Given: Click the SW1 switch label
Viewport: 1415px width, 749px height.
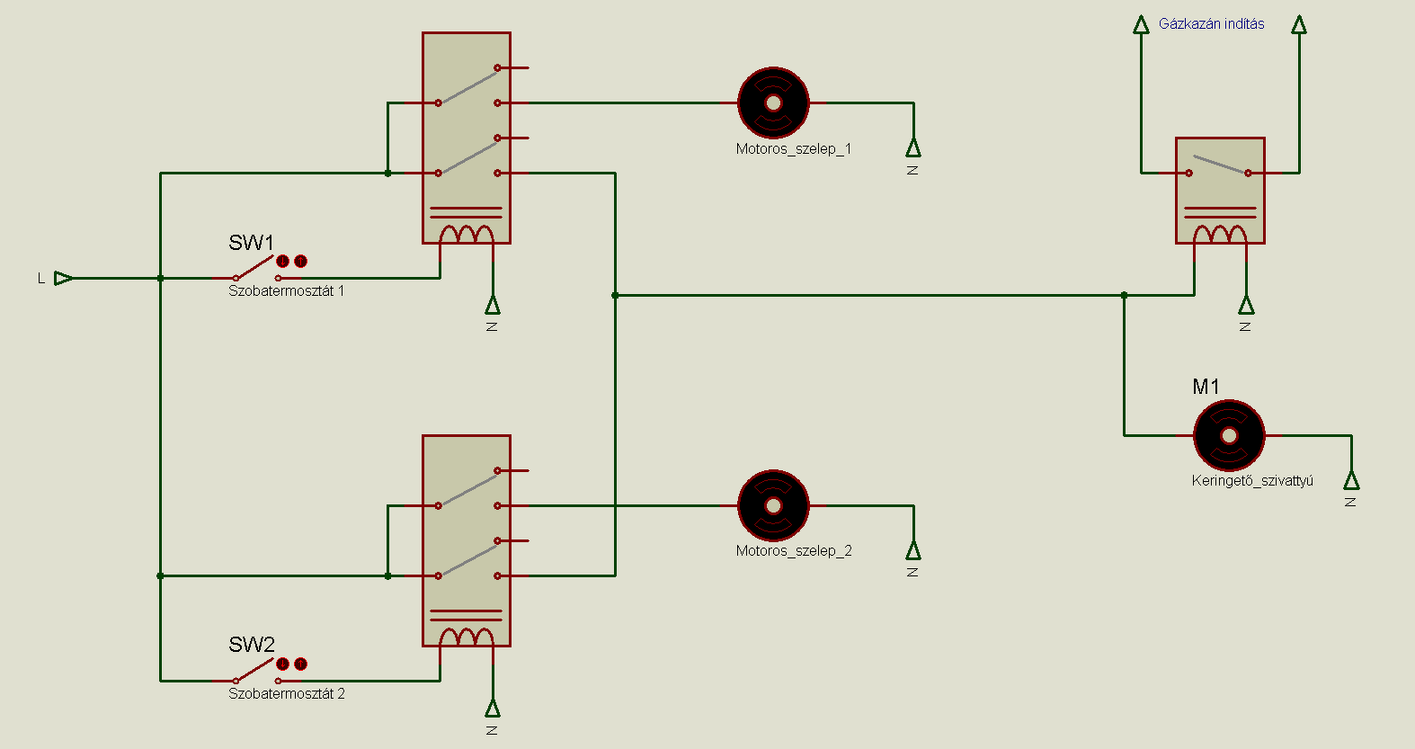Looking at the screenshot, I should [x=251, y=243].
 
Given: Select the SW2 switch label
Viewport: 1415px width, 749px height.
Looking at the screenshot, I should [x=251, y=645].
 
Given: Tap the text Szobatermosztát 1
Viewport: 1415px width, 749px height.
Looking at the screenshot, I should [x=286, y=291].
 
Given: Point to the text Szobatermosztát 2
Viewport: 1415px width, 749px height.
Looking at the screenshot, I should [x=286, y=694].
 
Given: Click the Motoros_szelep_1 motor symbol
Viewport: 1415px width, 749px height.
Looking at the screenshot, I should [x=773, y=103].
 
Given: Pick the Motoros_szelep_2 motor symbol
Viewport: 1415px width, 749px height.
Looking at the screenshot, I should [x=773, y=505].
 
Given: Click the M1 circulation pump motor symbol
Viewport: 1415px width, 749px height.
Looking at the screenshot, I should [x=1229, y=435].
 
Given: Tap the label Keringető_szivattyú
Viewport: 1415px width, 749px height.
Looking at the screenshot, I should [x=1252, y=481].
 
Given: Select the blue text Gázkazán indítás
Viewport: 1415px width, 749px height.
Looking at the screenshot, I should [x=1211, y=24].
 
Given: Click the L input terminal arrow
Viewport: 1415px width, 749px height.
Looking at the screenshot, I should [x=63, y=278].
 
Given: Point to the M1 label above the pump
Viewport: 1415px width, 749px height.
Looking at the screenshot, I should [x=1206, y=387].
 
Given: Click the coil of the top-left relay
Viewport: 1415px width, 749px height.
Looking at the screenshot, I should [x=467, y=234].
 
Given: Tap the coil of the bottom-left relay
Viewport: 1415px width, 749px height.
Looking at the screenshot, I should [x=467, y=637].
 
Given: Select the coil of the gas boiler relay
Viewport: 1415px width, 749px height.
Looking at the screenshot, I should [x=1220, y=234].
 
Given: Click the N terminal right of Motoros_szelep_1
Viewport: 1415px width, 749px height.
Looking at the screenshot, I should [x=913, y=148].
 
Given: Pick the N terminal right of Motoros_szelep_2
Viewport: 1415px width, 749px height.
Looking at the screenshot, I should [x=913, y=550].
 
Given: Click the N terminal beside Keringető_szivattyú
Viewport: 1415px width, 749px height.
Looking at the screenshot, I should [x=1351, y=481].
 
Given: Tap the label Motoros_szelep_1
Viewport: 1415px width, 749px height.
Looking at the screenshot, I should [x=793, y=149].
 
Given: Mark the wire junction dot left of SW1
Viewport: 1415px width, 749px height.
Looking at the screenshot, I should [x=160, y=278].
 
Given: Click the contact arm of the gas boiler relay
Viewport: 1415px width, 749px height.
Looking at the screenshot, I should [x=1219, y=165].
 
